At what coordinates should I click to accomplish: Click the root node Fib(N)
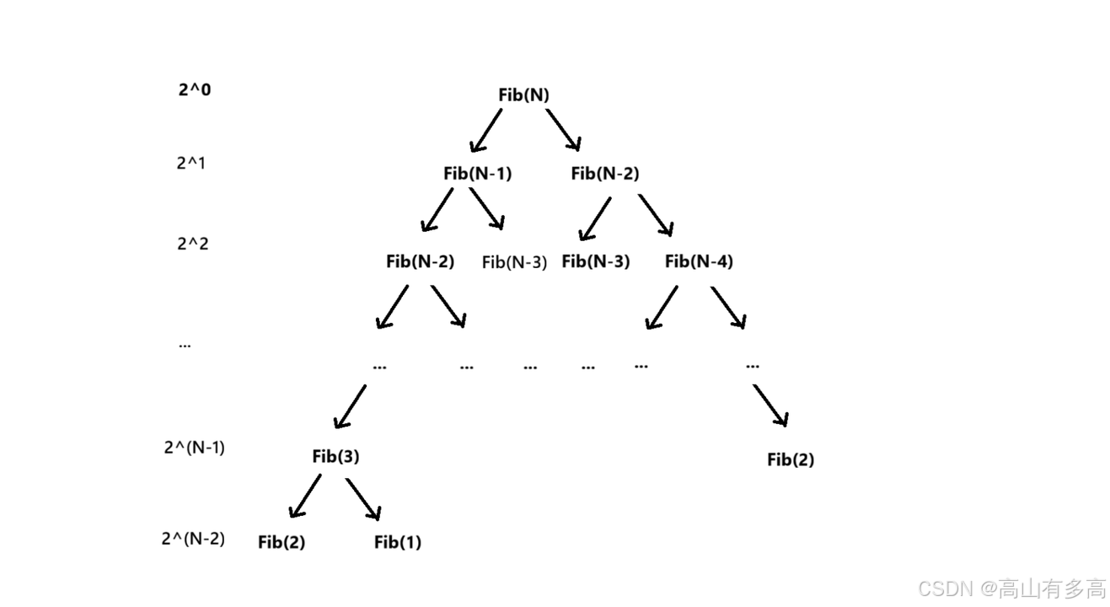(523, 95)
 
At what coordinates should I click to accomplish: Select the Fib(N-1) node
(477, 174)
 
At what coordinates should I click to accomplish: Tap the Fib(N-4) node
(699, 261)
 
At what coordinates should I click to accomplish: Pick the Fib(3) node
(335, 457)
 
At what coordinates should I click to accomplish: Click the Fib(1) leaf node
(398, 542)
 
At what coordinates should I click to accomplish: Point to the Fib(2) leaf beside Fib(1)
(282, 542)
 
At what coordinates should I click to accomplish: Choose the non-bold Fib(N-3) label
(514, 262)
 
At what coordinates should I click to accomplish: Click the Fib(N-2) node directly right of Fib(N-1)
(604, 174)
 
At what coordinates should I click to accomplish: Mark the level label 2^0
(195, 89)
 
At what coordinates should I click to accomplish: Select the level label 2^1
(190, 163)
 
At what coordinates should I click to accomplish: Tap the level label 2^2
(193, 244)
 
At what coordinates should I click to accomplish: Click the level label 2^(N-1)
(194, 448)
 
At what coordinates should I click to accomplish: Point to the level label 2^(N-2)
(193, 538)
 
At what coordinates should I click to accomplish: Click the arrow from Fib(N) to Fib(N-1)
(485, 130)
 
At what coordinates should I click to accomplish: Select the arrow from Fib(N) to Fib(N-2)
(563, 130)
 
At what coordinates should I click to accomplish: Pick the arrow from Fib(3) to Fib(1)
(363, 499)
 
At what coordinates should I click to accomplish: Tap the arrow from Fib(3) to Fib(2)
(305, 497)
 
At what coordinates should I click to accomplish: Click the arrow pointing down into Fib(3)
(350, 407)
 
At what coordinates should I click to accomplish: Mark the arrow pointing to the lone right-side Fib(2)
(770, 406)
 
